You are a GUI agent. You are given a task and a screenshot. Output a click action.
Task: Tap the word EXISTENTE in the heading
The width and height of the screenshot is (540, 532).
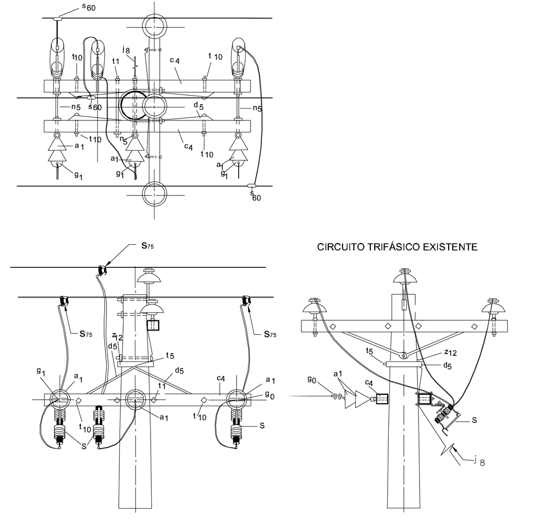[450, 247]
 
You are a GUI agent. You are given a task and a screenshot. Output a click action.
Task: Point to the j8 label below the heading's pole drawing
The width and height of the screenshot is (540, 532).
[479, 461]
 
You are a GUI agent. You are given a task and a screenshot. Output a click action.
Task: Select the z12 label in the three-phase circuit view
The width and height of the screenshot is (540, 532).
[450, 353]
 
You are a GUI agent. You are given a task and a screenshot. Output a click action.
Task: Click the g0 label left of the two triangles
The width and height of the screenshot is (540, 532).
[312, 380]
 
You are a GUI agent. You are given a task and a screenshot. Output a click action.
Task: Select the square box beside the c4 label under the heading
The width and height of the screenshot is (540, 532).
[382, 399]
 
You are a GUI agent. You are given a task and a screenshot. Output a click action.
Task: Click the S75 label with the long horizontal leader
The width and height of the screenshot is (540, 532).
[147, 246]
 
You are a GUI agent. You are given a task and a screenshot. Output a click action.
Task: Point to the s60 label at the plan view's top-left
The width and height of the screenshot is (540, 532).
[89, 7]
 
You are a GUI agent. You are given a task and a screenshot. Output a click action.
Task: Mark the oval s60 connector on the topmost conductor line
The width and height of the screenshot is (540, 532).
[57, 18]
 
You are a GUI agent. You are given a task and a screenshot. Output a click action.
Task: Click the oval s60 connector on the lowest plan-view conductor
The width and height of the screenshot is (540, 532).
[252, 186]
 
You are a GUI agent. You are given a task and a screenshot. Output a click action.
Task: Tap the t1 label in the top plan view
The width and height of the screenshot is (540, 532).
[116, 62]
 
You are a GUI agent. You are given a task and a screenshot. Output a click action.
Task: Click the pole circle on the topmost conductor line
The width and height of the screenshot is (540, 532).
[154, 26]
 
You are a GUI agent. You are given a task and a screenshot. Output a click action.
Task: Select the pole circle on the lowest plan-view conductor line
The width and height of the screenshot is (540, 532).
[154, 194]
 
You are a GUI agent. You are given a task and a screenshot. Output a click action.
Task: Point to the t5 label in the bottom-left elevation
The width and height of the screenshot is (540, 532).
[170, 355]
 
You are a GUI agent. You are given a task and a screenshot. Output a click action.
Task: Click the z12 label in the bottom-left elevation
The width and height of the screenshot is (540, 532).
[117, 336]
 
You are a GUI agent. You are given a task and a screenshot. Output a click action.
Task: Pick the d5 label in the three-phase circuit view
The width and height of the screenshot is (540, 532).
[447, 366]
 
